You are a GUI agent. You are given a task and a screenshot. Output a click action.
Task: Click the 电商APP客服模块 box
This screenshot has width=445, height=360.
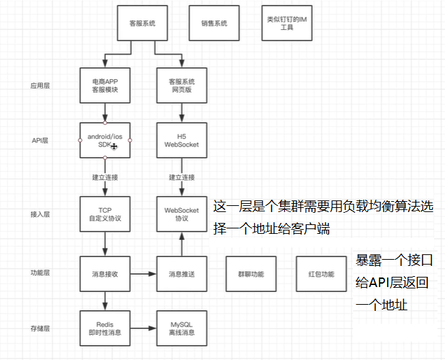click(105, 85)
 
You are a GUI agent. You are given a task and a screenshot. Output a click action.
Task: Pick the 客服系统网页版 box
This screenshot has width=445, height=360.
click(182, 85)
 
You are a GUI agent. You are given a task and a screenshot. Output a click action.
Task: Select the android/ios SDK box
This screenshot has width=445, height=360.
click(105, 140)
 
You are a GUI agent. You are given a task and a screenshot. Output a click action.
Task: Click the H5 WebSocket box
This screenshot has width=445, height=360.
click(182, 140)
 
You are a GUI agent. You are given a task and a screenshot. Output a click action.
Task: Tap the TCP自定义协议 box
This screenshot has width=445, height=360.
click(105, 214)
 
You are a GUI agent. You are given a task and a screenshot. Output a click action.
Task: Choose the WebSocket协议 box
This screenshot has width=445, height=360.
click(182, 214)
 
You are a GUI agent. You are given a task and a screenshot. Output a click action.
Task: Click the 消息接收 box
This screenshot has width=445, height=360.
click(105, 274)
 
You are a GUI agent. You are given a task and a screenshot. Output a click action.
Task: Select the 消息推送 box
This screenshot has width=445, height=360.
click(182, 274)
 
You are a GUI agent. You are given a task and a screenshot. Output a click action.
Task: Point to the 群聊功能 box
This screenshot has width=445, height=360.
click(251, 274)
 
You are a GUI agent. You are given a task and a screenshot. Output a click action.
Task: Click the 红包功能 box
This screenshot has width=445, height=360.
click(320, 274)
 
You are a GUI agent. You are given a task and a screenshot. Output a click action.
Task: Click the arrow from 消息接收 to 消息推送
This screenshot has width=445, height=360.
click(143, 274)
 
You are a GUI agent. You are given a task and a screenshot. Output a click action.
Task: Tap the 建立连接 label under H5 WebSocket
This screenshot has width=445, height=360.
click(182, 178)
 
